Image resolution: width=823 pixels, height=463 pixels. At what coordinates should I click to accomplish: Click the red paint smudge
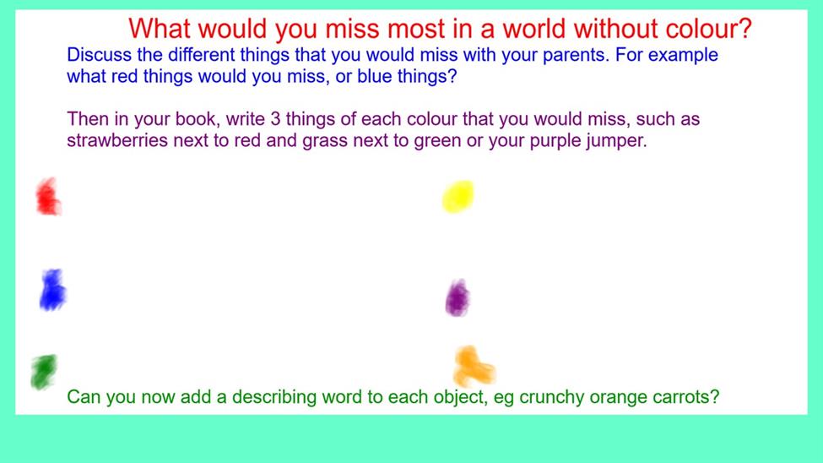click(x=48, y=197)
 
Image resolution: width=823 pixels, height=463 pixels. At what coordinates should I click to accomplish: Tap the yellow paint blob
click(x=458, y=197)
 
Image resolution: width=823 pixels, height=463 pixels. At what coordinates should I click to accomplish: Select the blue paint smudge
click(x=52, y=290)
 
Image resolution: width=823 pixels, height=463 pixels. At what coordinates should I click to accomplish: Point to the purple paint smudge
click(x=458, y=298)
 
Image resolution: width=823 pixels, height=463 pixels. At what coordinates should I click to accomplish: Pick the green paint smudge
click(x=44, y=372)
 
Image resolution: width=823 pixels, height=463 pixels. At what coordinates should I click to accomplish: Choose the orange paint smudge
click(x=474, y=366)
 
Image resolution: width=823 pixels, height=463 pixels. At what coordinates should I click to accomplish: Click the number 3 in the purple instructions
click(x=275, y=119)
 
